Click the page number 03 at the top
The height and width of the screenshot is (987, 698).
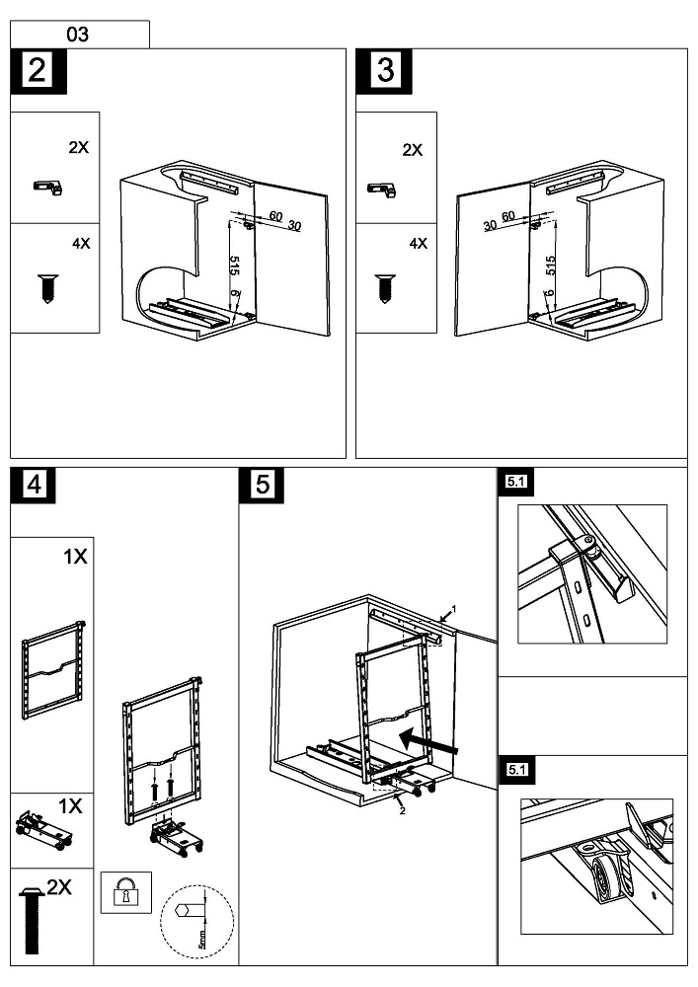coord(77,35)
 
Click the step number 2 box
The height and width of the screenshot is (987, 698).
coord(37,72)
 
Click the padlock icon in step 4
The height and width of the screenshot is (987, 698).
coord(125,892)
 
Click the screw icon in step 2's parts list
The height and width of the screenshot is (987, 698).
coord(45,287)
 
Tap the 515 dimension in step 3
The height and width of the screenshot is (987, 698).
coord(551,265)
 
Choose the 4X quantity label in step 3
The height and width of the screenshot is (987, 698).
coord(418,243)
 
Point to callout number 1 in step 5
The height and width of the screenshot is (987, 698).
coord(453,608)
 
